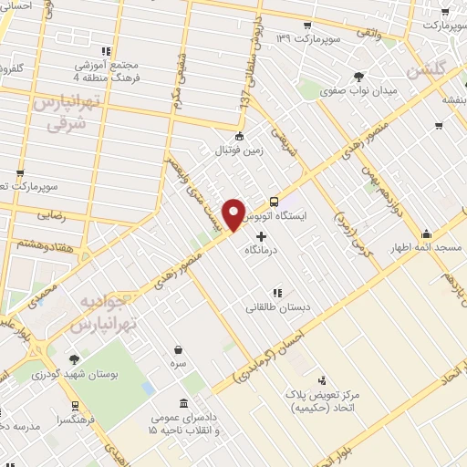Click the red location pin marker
click(x=234, y=213)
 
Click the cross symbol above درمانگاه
click(x=263, y=236)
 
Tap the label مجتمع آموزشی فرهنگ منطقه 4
click(x=109, y=67)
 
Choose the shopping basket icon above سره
click(x=179, y=349)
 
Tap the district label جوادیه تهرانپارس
click(x=103, y=312)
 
